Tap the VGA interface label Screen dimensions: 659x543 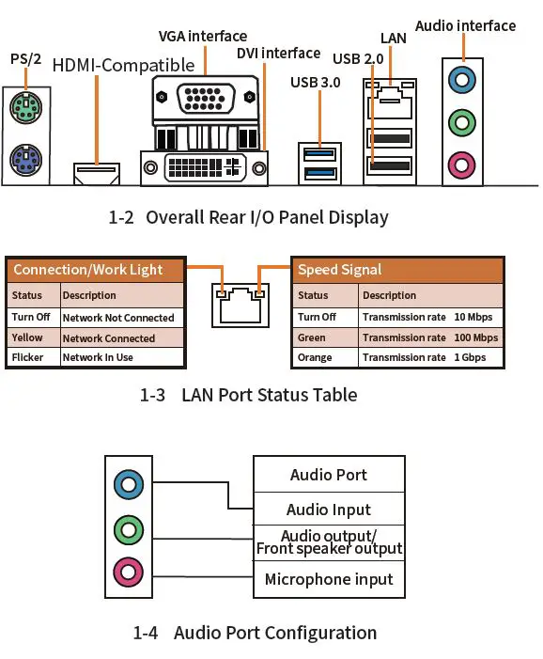pyautogui.click(x=203, y=37)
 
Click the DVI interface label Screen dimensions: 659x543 pyautogui.click(x=278, y=54)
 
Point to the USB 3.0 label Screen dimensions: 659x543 pyautogui.click(x=317, y=83)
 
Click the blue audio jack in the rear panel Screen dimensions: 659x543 pyautogui.click(x=460, y=78)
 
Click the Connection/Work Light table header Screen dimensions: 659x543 pyautogui.click(x=88, y=270)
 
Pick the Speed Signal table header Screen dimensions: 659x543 pyautogui.click(x=340, y=270)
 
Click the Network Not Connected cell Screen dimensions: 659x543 pyautogui.click(x=118, y=318)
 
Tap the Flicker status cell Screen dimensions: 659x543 pyautogui.click(x=28, y=357)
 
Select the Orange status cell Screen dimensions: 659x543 pyautogui.click(x=315, y=357)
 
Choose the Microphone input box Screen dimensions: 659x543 pyautogui.click(x=329, y=579)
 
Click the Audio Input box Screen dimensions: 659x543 pyautogui.click(x=329, y=510)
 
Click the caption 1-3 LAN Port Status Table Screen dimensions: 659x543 pyautogui.click(x=248, y=395)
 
